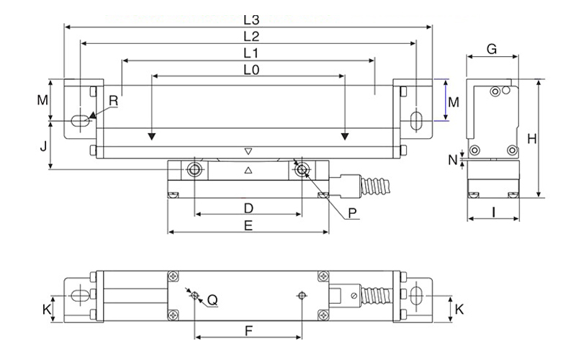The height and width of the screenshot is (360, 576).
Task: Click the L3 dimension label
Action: click(251, 20)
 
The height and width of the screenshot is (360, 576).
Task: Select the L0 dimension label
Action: click(251, 70)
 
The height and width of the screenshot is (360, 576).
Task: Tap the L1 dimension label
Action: click(251, 53)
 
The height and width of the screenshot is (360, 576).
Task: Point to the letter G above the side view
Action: click(492, 49)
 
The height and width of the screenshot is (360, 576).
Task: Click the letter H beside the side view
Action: click(531, 139)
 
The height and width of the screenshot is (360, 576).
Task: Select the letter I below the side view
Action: click(494, 212)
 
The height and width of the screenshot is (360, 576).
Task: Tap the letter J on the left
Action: click(44, 146)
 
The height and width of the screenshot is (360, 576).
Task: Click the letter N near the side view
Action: click(453, 160)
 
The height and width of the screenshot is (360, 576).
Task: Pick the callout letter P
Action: click(352, 213)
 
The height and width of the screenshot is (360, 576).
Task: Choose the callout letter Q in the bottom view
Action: click(212, 300)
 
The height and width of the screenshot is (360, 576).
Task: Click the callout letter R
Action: click(114, 101)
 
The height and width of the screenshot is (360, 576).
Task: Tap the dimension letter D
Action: click(248, 208)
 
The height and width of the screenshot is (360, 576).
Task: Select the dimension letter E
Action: click(248, 225)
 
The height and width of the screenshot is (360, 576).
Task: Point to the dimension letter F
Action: click(248, 331)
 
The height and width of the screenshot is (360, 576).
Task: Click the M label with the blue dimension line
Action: click(454, 102)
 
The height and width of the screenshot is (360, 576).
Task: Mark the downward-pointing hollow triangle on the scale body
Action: click(248, 151)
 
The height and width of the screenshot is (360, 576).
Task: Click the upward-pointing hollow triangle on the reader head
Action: click(248, 170)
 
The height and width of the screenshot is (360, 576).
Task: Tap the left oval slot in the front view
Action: click(80, 121)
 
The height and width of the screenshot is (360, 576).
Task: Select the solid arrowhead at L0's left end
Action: click(151, 136)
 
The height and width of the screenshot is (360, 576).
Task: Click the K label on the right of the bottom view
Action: click(459, 310)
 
